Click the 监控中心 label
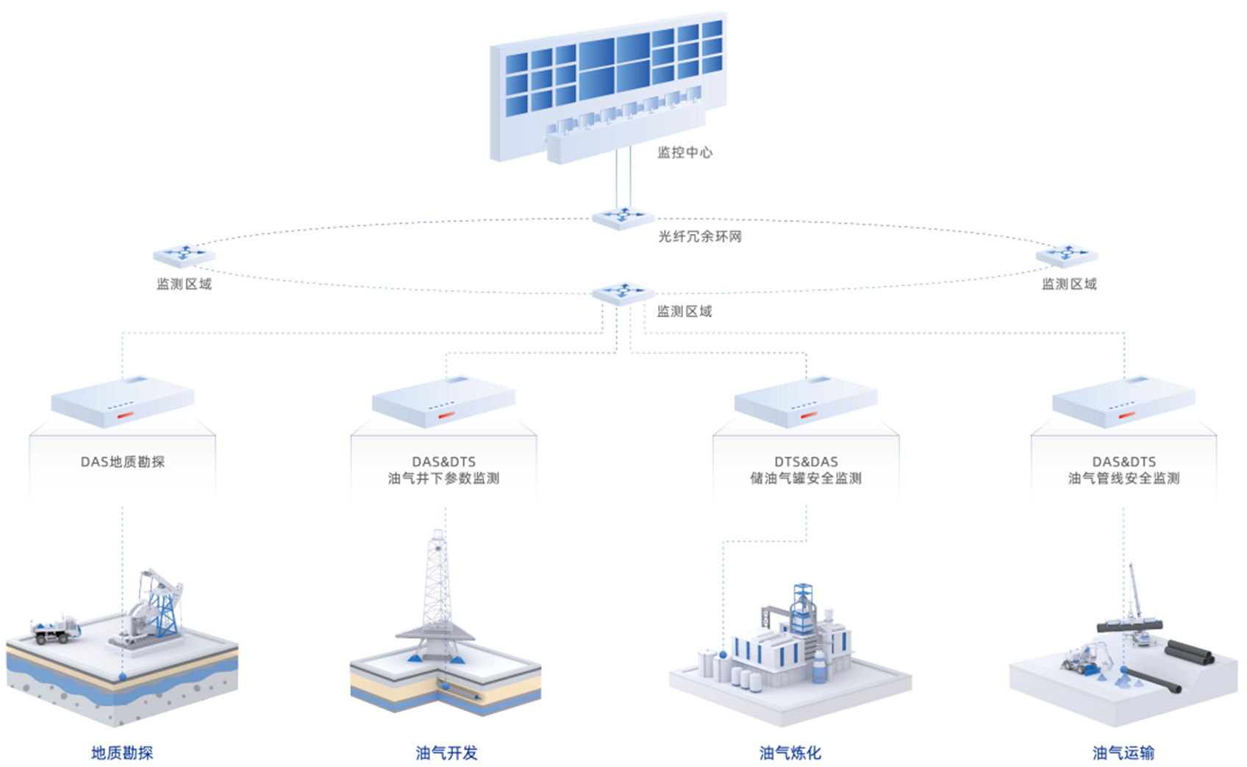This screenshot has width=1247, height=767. (685, 152)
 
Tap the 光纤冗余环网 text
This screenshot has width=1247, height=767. (699, 236)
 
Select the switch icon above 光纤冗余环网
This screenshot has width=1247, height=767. (623, 217)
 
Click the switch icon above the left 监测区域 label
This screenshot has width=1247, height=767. (184, 254)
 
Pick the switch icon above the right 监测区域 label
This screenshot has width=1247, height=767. (1067, 254)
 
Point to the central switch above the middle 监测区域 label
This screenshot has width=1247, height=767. (623, 293)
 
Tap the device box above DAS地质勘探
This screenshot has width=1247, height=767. (122, 402)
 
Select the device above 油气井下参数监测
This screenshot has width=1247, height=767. (443, 402)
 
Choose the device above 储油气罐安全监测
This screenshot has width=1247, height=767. (806, 402)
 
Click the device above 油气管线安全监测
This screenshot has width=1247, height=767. (1123, 402)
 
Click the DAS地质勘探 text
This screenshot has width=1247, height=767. (123, 462)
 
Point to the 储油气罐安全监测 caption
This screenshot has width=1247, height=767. (806, 478)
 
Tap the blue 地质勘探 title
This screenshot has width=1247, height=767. (122, 752)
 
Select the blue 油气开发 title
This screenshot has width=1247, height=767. (446, 752)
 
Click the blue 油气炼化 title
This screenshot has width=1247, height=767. (790, 752)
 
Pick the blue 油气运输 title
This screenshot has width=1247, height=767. (1123, 752)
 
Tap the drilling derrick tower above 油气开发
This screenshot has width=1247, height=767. (438, 588)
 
